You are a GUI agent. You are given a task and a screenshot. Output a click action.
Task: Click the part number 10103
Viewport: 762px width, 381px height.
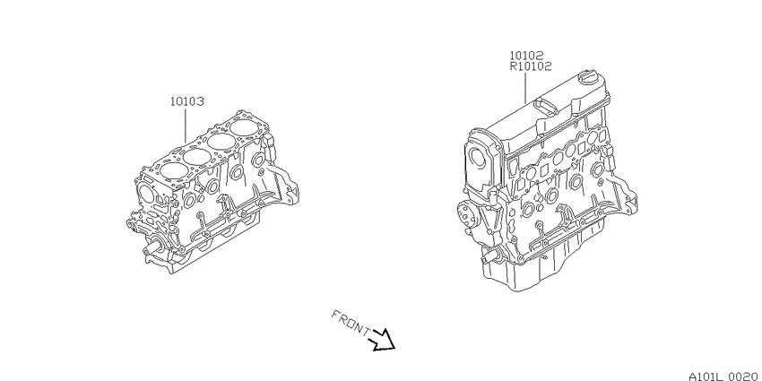(186, 102)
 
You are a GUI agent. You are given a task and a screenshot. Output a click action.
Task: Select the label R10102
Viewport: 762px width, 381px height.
(530, 66)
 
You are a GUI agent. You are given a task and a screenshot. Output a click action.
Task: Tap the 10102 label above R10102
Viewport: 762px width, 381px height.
(526, 56)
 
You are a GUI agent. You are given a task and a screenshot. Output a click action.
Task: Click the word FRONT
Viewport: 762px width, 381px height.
(350, 322)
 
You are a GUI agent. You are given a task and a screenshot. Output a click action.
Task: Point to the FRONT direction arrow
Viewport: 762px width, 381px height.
(383, 339)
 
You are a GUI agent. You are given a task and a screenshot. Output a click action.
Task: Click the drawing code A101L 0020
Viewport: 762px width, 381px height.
(724, 376)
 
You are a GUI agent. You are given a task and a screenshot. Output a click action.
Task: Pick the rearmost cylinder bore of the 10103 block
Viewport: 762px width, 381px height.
(246, 128)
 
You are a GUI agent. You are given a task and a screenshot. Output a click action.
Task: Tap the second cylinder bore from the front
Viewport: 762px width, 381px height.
(197, 156)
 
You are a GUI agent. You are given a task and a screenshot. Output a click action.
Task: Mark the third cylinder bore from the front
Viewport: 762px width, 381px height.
(221, 142)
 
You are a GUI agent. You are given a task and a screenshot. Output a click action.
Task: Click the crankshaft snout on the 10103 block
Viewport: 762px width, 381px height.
(152, 248)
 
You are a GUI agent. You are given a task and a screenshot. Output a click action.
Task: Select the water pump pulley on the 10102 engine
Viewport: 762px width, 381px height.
(466, 214)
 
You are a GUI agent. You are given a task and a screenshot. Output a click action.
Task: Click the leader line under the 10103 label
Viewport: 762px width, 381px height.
(186, 125)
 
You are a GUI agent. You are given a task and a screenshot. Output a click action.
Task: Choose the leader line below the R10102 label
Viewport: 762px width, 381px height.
(526, 88)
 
